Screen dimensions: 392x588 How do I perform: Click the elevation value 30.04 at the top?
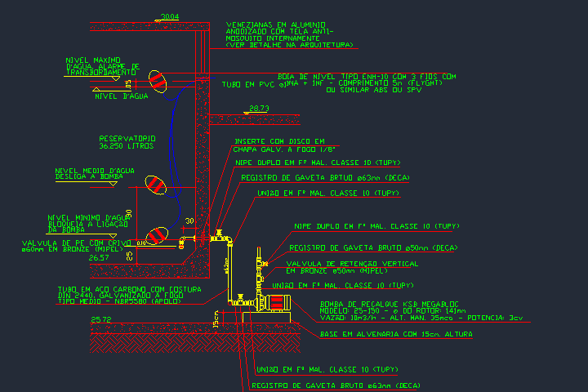pyautogui.click(x=170, y=16)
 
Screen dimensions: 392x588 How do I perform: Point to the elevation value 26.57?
pyautogui.click(x=99, y=257)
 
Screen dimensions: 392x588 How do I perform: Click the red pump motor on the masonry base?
pyautogui.click(x=275, y=303)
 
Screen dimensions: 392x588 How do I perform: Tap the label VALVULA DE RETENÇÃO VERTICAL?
pyautogui.click(x=352, y=264)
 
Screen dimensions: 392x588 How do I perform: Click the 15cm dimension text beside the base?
pyautogui.click(x=216, y=316)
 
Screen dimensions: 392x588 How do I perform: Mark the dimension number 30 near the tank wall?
pyautogui.click(x=189, y=221)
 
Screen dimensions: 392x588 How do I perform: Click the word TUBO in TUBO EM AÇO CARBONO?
pyautogui.click(x=68, y=289)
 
